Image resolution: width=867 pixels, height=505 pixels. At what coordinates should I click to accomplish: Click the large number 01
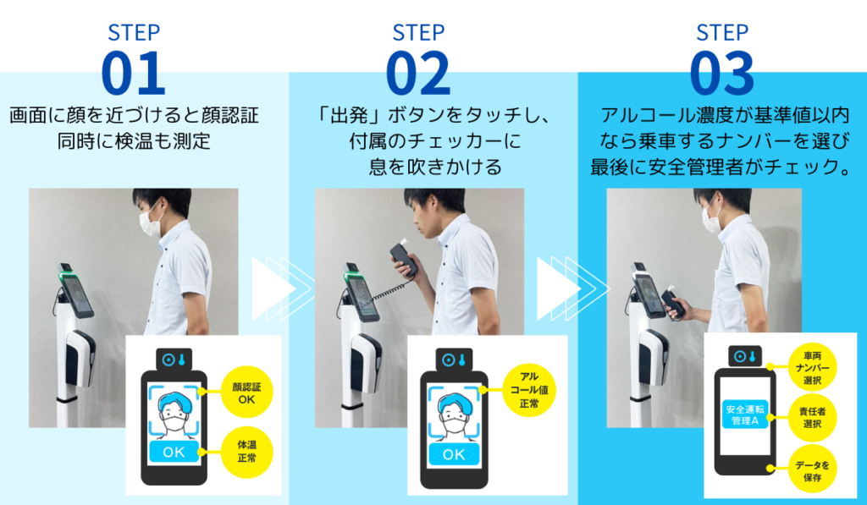tap(133, 74)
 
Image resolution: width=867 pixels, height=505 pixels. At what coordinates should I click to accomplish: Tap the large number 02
tap(418, 74)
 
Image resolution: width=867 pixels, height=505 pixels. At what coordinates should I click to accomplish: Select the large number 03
tap(722, 74)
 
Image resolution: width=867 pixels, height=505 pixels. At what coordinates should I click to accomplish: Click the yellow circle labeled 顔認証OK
tap(246, 392)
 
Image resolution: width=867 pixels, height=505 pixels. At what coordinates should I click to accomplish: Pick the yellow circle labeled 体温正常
tap(246, 452)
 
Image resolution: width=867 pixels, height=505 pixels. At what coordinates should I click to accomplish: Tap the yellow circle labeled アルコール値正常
tap(529, 390)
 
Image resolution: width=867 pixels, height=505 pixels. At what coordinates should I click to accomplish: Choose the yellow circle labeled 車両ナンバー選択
tap(812, 367)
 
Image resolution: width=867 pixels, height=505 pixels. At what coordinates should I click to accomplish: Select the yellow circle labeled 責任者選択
tap(812, 418)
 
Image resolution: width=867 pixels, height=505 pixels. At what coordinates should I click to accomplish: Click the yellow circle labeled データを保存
tap(812, 469)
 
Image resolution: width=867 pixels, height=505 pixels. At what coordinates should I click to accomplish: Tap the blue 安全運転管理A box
tap(745, 414)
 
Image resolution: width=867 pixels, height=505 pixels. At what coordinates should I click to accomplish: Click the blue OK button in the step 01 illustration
tap(174, 452)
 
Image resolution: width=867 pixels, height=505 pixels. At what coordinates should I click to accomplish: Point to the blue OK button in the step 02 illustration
tap(454, 454)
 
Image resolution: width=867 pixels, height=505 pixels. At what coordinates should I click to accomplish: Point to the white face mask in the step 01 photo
tap(149, 221)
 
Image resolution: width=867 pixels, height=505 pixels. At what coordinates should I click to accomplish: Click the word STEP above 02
tap(418, 33)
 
